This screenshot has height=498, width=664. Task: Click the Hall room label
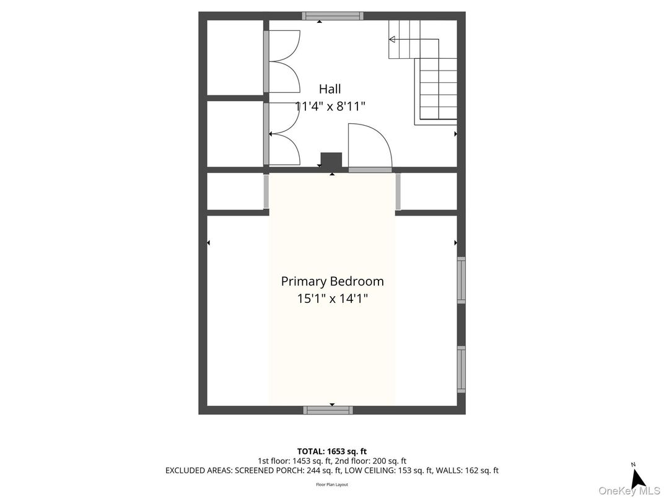(330, 89)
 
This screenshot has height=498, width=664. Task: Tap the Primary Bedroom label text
(332, 281)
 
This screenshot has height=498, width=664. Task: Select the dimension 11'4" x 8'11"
(330, 107)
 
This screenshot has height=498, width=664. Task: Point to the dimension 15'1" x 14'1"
(332, 299)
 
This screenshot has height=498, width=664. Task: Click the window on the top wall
(332, 16)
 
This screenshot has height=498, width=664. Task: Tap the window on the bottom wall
(328, 410)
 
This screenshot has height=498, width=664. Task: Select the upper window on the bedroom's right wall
(461, 281)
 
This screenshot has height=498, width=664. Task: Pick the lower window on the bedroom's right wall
(461, 369)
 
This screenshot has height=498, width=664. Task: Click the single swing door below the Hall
(369, 147)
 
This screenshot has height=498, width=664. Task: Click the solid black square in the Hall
(331, 160)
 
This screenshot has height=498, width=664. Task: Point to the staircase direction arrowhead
(392, 39)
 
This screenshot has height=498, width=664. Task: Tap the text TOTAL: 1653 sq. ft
(332, 451)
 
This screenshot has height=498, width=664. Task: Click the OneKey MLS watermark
(629, 491)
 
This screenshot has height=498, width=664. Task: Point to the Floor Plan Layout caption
(332, 484)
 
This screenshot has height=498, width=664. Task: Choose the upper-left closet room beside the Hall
(235, 58)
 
